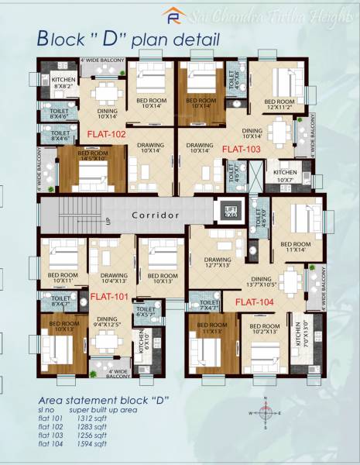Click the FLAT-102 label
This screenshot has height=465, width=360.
(107, 134)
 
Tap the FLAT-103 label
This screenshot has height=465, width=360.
(242, 147)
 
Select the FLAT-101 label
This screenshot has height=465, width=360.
(108, 296)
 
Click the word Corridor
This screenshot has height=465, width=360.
(156, 215)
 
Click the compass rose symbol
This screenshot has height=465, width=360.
(264, 413)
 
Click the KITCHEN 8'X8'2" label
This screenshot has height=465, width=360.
(63, 83)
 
